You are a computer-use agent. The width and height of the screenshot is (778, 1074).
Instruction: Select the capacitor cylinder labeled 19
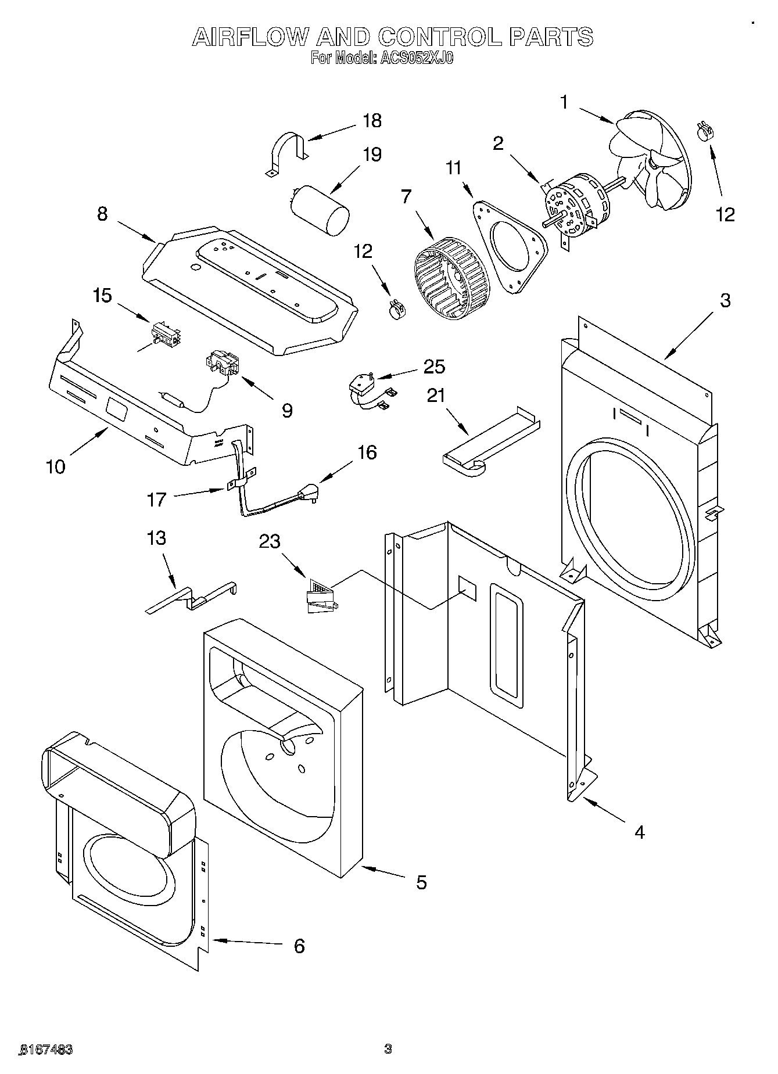[320, 210]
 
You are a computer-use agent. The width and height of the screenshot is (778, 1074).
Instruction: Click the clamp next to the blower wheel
[397, 308]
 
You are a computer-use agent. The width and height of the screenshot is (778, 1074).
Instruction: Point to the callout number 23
[270, 541]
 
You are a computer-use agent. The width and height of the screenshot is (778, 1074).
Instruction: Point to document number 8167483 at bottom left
[46, 1049]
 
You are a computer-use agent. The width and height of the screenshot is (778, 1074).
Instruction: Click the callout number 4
[639, 832]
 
